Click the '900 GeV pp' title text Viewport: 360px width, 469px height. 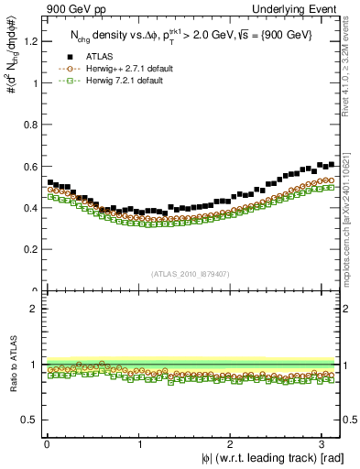(71, 8)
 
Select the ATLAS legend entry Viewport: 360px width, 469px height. (101, 57)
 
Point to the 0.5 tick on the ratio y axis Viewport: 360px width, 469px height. (33, 420)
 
